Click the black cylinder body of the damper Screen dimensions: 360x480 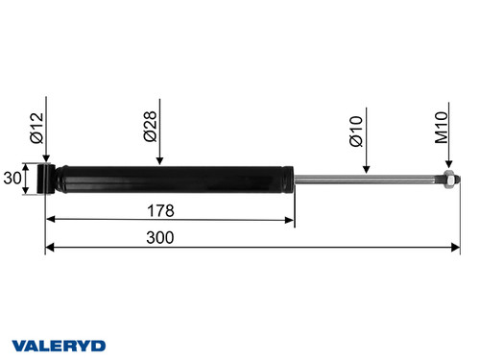click(x=173, y=179)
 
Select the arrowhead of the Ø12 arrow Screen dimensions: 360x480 click(x=45, y=159)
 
